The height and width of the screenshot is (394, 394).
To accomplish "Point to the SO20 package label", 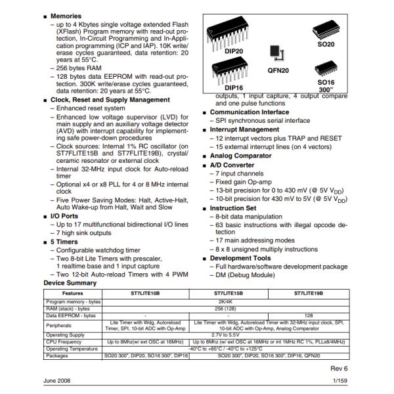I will tap(326, 44).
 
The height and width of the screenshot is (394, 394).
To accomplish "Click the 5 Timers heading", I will tap(66, 242).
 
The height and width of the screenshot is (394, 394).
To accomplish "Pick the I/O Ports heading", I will tap(67, 215).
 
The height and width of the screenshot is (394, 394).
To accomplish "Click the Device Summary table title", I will tap(70, 283).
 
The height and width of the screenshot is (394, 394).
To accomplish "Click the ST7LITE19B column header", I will tap(307, 293).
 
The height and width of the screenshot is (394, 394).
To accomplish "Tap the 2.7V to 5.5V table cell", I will tap(230, 334).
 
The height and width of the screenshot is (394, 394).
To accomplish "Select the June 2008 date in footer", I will tap(58, 381).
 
